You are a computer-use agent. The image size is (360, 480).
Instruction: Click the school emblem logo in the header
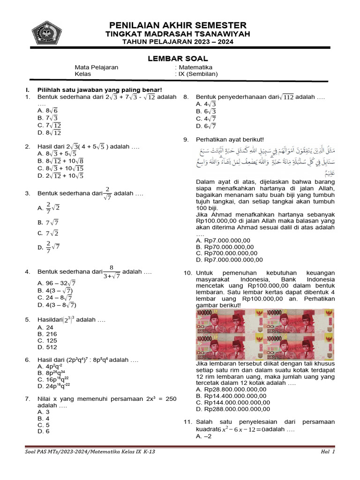(x=46, y=32)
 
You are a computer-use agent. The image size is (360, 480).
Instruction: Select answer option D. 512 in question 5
(x=47, y=347)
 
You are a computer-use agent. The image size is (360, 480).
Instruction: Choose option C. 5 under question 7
(x=44, y=425)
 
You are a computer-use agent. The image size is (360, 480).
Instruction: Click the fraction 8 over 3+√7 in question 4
(x=112, y=272)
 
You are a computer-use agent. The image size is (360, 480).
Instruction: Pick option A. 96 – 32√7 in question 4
(x=56, y=283)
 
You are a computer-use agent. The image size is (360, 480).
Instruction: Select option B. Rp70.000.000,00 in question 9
(x=223, y=247)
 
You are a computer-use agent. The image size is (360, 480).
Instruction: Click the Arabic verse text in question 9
(x=265, y=160)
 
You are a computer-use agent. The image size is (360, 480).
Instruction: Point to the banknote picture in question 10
(x=265, y=334)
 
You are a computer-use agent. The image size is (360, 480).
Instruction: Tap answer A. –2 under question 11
(x=204, y=436)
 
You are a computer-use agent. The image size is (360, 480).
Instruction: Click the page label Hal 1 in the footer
(x=328, y=452)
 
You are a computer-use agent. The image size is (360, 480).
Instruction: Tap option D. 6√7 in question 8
(x=206, y=126)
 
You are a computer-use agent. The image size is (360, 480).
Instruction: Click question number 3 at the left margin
(x=28, y=193)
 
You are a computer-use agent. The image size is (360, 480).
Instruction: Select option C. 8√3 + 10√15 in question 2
(x=60, y=168)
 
